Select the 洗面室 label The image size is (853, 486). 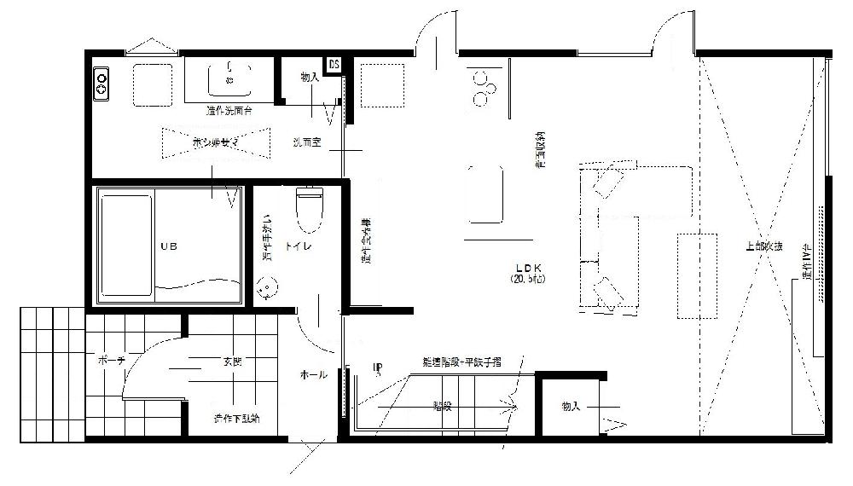(305, 143)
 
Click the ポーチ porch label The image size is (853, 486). (112, 361)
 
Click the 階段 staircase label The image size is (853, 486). (442, 406)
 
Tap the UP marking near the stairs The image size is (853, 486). (378, 368)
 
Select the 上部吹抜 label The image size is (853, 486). (764, 247)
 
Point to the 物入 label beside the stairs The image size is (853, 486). (571, 407)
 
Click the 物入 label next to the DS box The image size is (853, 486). (310, 78)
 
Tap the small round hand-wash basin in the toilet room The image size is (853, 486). (268, 288)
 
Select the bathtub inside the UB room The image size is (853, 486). (126, 247)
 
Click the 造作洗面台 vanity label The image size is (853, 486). (229, 111)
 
